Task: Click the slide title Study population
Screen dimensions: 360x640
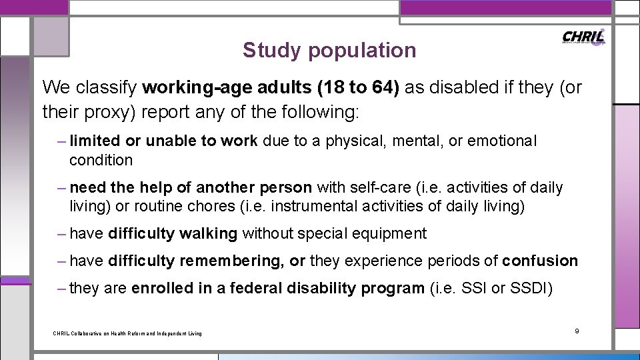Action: pos(329,50)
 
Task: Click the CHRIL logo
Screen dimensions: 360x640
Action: pos(583,37)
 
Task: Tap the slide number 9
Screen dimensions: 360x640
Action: pos(577,331)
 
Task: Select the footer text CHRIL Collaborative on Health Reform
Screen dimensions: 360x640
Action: pos(127,333)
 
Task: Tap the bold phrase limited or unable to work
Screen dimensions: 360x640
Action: pos(163,141)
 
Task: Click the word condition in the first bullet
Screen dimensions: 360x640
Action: pos(101,160)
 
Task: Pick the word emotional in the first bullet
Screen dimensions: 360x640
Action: pos(502,141)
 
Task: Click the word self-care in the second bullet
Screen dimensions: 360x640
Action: pos(376,187)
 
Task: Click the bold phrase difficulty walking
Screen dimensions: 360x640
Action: pos(173,233)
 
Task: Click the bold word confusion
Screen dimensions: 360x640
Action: pos(540,261)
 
